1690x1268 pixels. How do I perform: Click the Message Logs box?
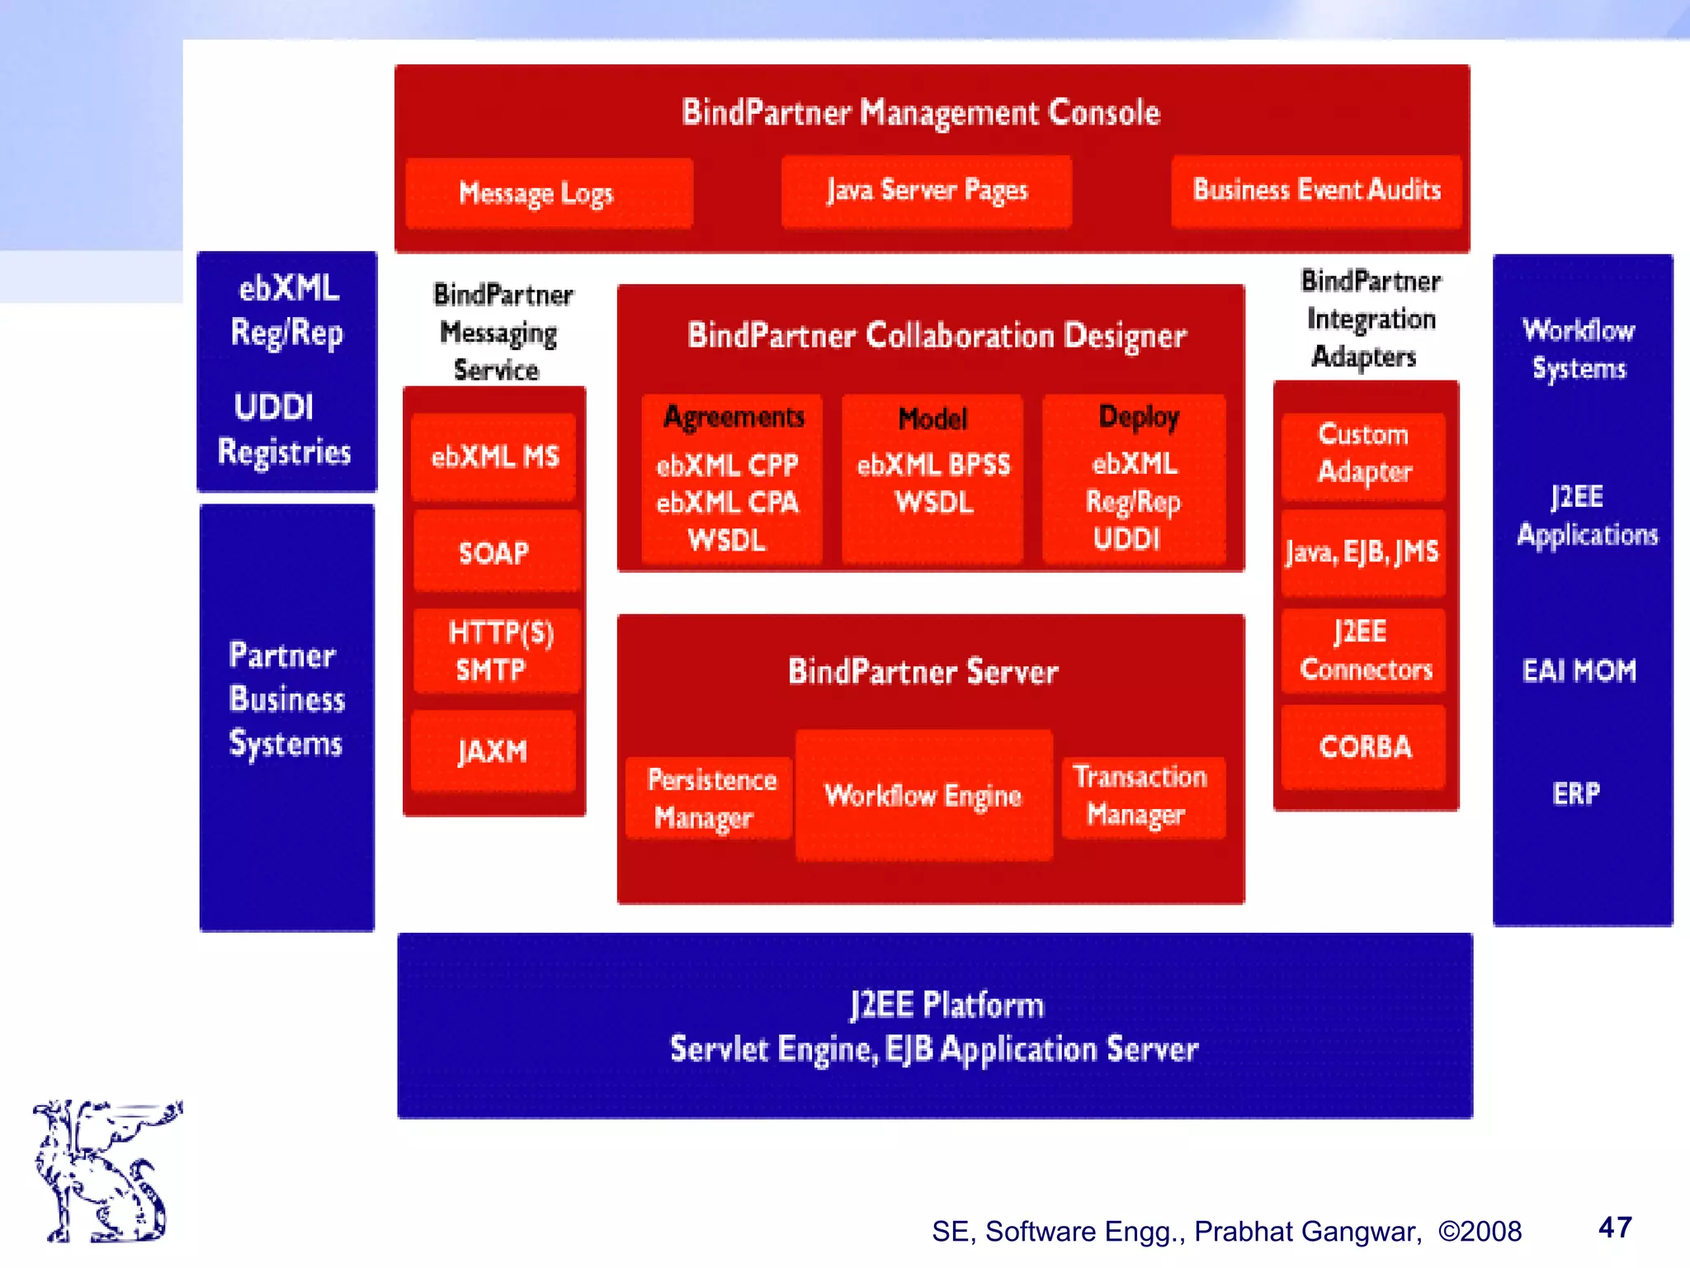tap(549, 193)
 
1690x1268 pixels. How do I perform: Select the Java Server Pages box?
tap(926, 191)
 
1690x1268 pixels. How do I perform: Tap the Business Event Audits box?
tap(1316, 191)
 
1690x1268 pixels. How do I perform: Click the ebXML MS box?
tap(493, 457)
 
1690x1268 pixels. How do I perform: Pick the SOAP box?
tap(495, 551)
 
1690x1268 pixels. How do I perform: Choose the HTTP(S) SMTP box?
tap(497, 651)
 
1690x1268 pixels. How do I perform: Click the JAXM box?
tap(493, 751)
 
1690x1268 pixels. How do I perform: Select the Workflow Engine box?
tap(923, 795)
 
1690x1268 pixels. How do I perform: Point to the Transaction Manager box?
tap(1142, 796)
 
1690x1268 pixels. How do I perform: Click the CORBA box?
tap(1364, 747)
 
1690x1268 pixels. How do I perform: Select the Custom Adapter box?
tap(1363, 454)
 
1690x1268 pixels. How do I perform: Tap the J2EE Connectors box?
tap(1363, 651)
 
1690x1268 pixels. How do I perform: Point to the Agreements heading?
tap(734, 417)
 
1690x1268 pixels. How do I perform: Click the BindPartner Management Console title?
tap(921, 112)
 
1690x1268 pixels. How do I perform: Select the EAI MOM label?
tap(1579, 670)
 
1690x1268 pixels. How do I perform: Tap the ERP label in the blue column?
tap(1575, 793)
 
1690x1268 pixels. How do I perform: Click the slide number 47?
tap(1615, 1228)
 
